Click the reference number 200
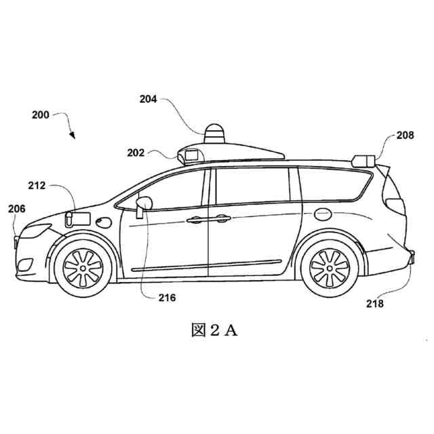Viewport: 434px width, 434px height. pos(41,115)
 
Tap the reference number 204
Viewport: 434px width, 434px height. pos(149,99)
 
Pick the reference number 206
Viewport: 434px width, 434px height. pos(17,210)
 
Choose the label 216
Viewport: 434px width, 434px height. pos(166,298)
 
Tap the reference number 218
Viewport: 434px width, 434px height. pos(374,304)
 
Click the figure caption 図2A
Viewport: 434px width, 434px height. pos(215,331)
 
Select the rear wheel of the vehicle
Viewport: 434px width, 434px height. pos(329,267)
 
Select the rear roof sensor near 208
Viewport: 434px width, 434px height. pos(363,160)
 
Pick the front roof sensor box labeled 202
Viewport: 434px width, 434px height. pos(189,155)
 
